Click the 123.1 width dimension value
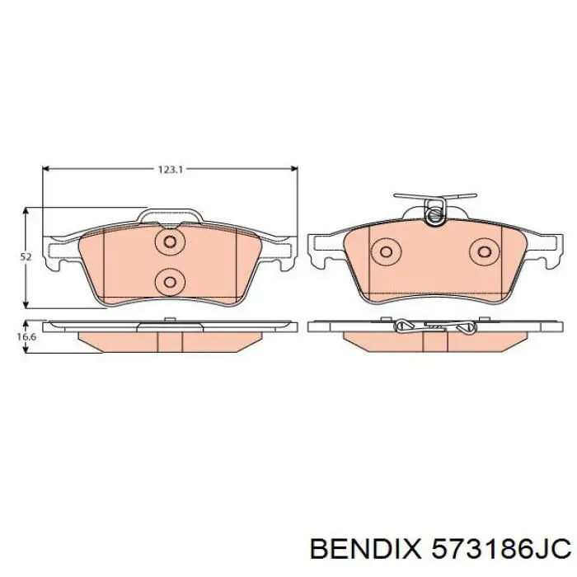pos(169,169)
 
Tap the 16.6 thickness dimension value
pos(27,337)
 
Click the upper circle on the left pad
pos(170,242)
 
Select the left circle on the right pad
pos(384,252)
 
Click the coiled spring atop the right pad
pos(434,213)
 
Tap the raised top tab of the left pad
pos(170,217)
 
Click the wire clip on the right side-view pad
pos(433,327)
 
